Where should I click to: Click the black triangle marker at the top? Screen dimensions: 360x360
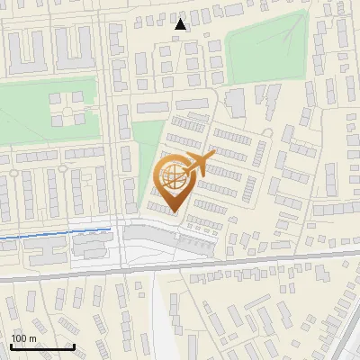click(181, 24)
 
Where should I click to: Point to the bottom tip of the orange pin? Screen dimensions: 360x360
click(173, 212)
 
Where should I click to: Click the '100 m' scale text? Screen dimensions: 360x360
click(24, 338)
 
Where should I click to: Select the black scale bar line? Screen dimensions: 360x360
click(41, 346)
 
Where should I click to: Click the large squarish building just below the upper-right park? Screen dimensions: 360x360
click(235, 103)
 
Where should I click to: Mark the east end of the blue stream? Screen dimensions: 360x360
click(112, 229)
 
